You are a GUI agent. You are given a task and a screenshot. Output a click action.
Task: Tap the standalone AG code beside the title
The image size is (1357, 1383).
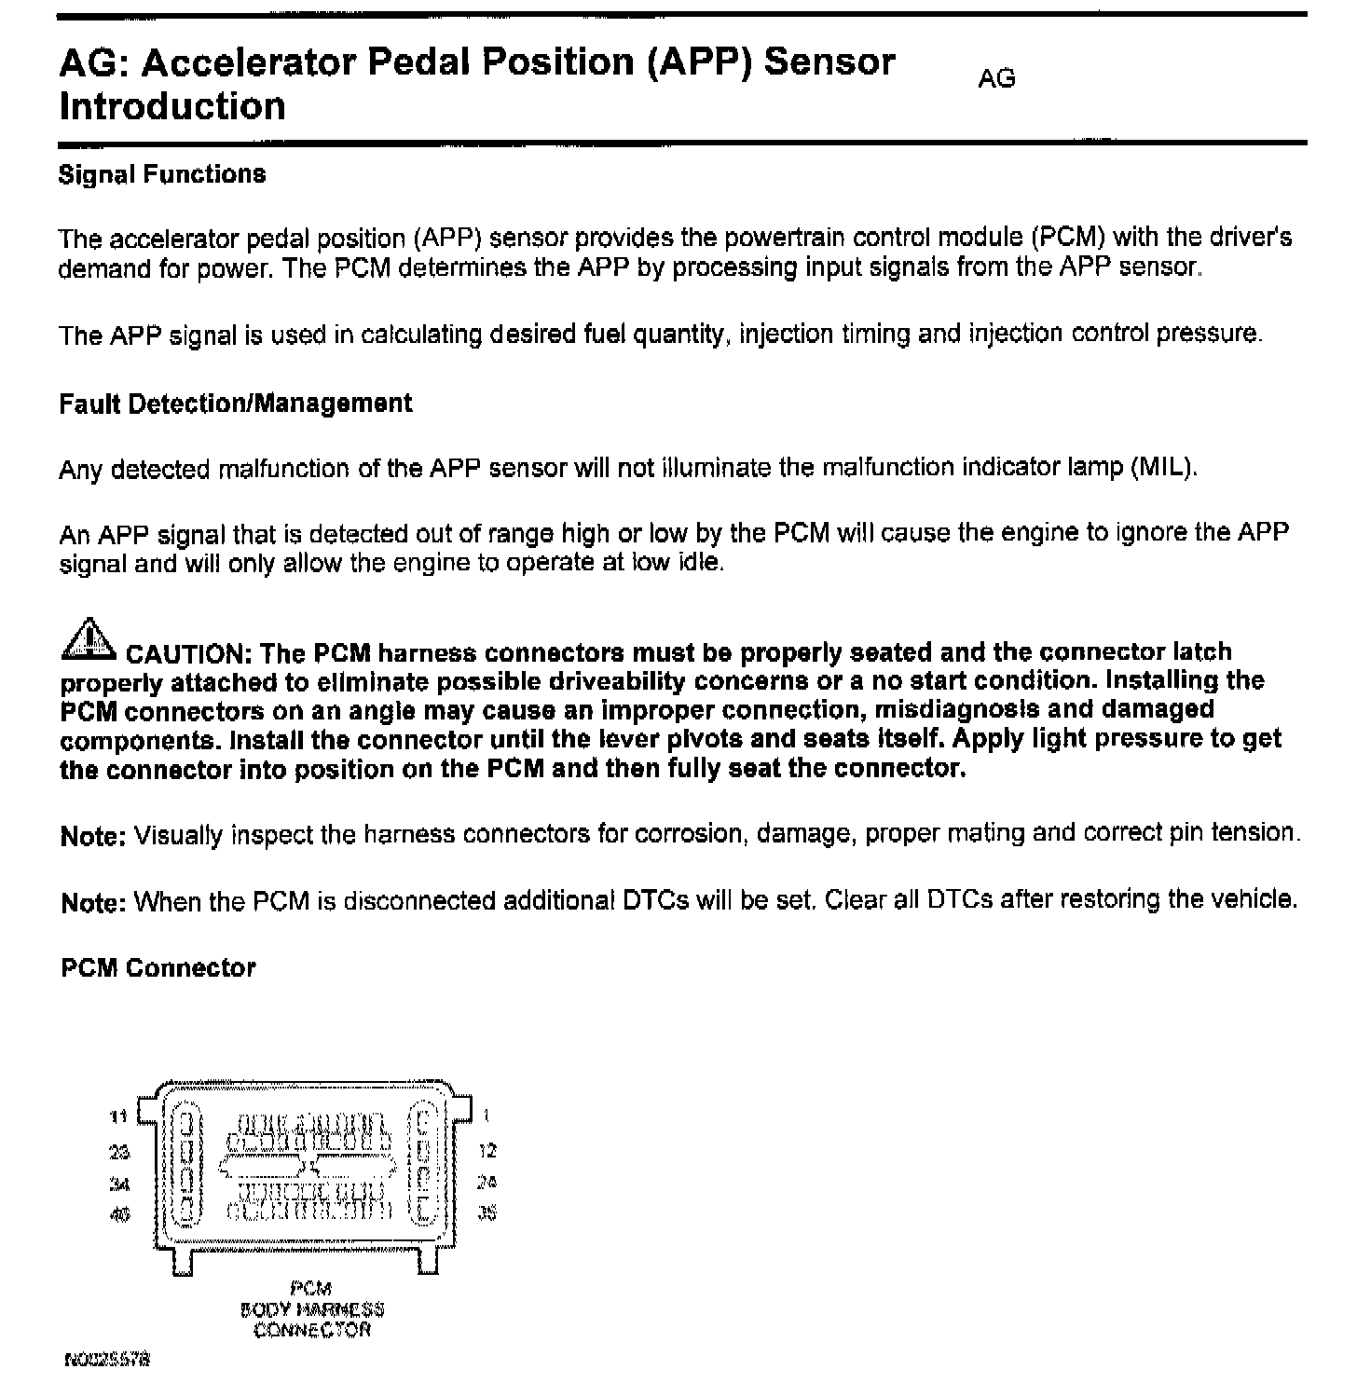996,79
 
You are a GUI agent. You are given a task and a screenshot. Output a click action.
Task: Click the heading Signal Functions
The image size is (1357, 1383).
162,174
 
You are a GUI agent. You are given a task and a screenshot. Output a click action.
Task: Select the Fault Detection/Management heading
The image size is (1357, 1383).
235,404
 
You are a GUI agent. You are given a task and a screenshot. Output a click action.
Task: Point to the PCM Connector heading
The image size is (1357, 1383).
158,967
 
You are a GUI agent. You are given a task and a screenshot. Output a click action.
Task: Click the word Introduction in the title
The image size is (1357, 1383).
172,106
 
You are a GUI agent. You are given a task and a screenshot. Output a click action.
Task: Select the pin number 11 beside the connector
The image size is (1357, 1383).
118,1116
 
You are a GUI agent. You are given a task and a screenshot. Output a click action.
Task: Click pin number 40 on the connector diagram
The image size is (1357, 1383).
118,1213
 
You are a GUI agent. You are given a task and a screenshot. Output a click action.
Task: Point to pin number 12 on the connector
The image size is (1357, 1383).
487,1151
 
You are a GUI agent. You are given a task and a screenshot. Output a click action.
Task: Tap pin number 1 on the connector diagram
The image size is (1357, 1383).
486,1116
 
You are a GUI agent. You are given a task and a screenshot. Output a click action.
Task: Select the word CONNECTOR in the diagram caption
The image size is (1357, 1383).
312,1330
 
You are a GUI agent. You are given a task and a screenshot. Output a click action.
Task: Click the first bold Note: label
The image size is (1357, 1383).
93,835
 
